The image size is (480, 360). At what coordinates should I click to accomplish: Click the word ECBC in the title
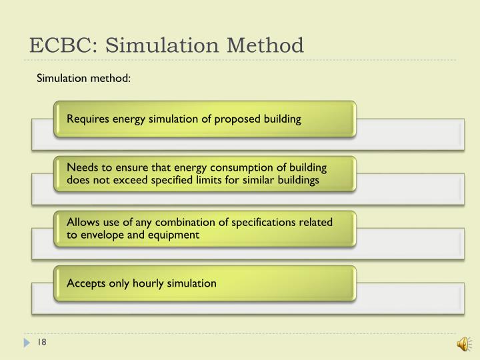click(x=60, y=45)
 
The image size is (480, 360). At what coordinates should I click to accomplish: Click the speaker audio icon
click(x=461, y=343)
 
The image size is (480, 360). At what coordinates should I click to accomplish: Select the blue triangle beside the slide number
click(x=27, y=343)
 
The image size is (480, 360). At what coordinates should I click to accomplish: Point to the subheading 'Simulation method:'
click(x=83, y=79)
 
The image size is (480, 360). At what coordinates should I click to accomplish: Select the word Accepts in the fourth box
click(x=85, y=283)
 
